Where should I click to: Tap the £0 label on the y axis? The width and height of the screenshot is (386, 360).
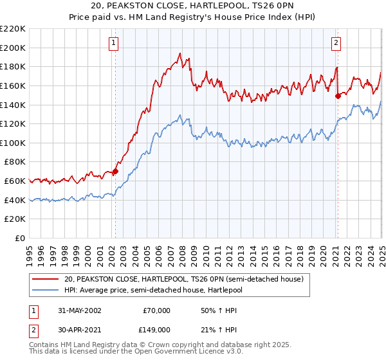pyautogui.click(x=19, y=238)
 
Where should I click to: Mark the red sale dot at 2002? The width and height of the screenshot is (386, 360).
pyautogui.click(x=116, y=172)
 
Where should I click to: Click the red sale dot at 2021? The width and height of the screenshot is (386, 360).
pyautogui.click(x=338, y=96)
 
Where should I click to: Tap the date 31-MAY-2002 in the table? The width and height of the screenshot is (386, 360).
pyautogui.click(x=75, y=310)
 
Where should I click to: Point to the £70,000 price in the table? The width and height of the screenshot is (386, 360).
pyautogui.click(x=157, y=310)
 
